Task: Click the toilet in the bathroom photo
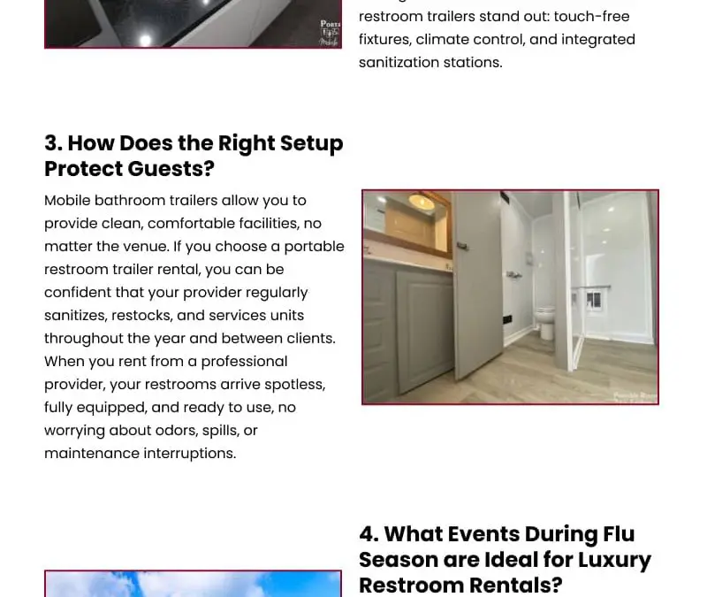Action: pos(545,322)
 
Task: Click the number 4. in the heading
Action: pos(369,534)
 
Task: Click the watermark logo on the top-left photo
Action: pos(330,32)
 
